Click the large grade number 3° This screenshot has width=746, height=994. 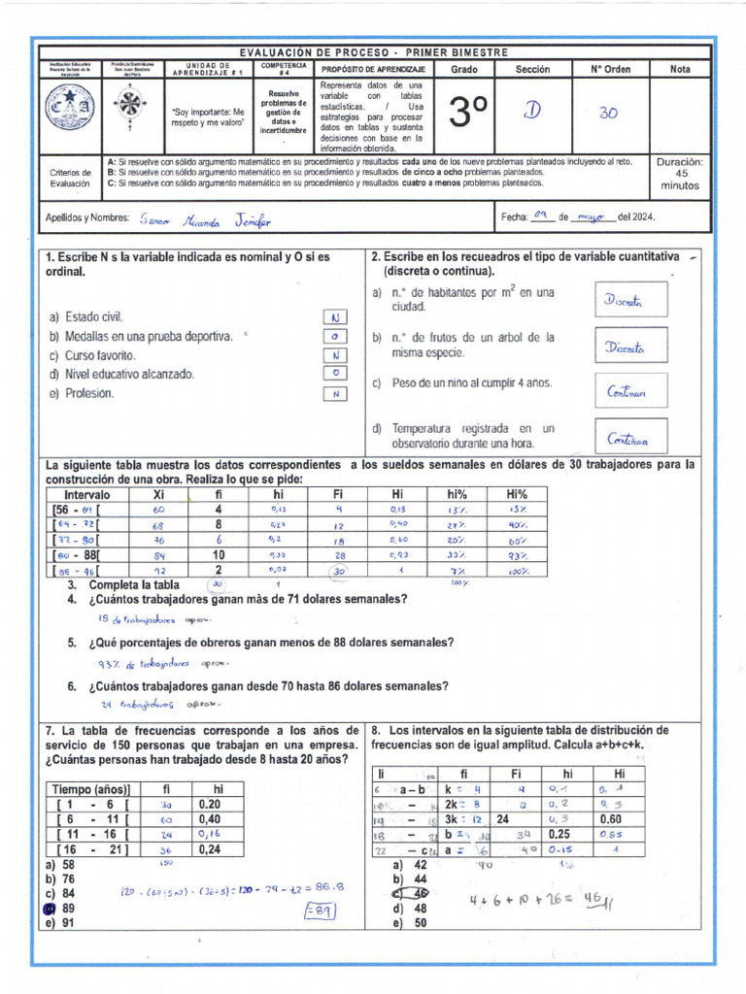(468, 115)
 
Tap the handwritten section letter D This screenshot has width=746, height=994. (532, 111)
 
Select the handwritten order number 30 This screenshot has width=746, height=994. (609, 113)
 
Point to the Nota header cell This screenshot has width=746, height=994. (680, 70)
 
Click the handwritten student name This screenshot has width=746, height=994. (205, 220)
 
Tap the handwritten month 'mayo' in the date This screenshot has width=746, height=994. (590, 216)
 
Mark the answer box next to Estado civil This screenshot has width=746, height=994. (333, 317)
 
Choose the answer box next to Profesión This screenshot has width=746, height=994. (333, 394)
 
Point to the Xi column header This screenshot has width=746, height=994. (159, 495)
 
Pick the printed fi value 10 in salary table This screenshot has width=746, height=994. (219, 555)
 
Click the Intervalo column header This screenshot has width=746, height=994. (85, 495)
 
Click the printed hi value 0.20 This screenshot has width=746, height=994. (210, 805)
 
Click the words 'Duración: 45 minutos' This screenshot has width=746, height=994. (680, 175)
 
